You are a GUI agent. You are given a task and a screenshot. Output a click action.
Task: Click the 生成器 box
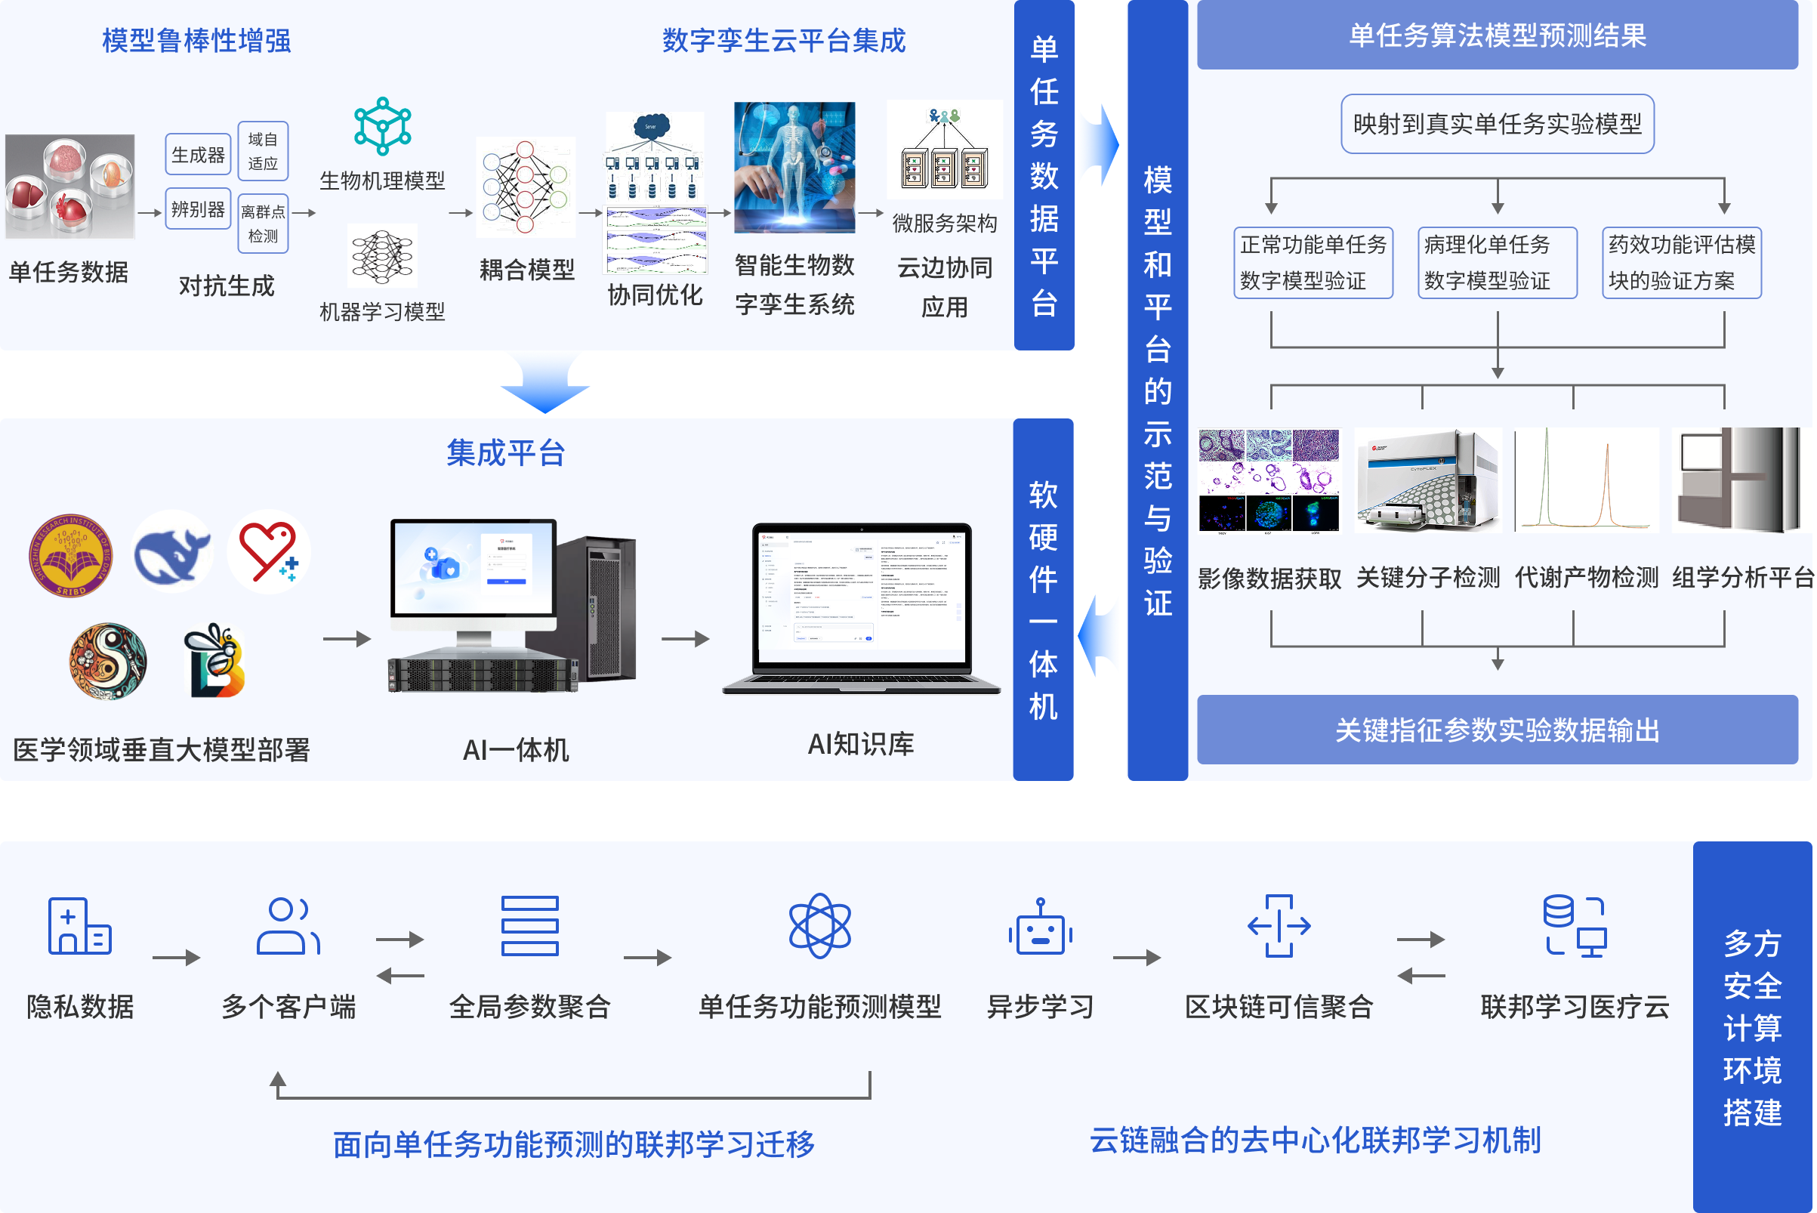(198, 155)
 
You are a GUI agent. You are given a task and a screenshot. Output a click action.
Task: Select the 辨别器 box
(198, 209)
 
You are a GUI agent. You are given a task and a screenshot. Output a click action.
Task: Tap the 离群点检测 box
(263, 224)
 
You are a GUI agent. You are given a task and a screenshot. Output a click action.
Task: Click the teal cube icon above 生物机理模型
(382, 125)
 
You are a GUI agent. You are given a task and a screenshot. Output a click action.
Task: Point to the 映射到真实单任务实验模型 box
(1497, 124)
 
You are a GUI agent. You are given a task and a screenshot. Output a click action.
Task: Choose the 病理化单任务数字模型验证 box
(1497, 262)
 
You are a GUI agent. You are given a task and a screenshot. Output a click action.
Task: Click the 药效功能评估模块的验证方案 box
(1681, 262)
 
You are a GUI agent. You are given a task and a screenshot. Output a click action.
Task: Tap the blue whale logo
(171, 552)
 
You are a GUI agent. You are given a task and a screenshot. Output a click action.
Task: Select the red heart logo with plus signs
(268, 552)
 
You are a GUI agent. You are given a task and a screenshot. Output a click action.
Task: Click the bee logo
(215, 662)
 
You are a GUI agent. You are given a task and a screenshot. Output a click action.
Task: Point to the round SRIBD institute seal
(71, 554)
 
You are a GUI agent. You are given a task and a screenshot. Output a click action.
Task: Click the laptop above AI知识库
(861, 607)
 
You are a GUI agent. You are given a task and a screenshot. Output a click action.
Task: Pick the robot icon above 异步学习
(1040, 927)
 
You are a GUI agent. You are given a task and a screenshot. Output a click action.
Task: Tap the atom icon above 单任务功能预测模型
(819, 926)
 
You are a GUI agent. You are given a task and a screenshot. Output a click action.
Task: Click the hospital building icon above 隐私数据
(79, 926)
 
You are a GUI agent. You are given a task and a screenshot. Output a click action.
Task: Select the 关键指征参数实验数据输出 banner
(1497, 730)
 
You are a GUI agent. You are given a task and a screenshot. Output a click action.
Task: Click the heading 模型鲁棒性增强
(196, 40)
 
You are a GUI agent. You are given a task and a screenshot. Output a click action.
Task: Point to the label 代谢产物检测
(1586, 577)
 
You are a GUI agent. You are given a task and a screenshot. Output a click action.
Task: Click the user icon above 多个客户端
(288, 926)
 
